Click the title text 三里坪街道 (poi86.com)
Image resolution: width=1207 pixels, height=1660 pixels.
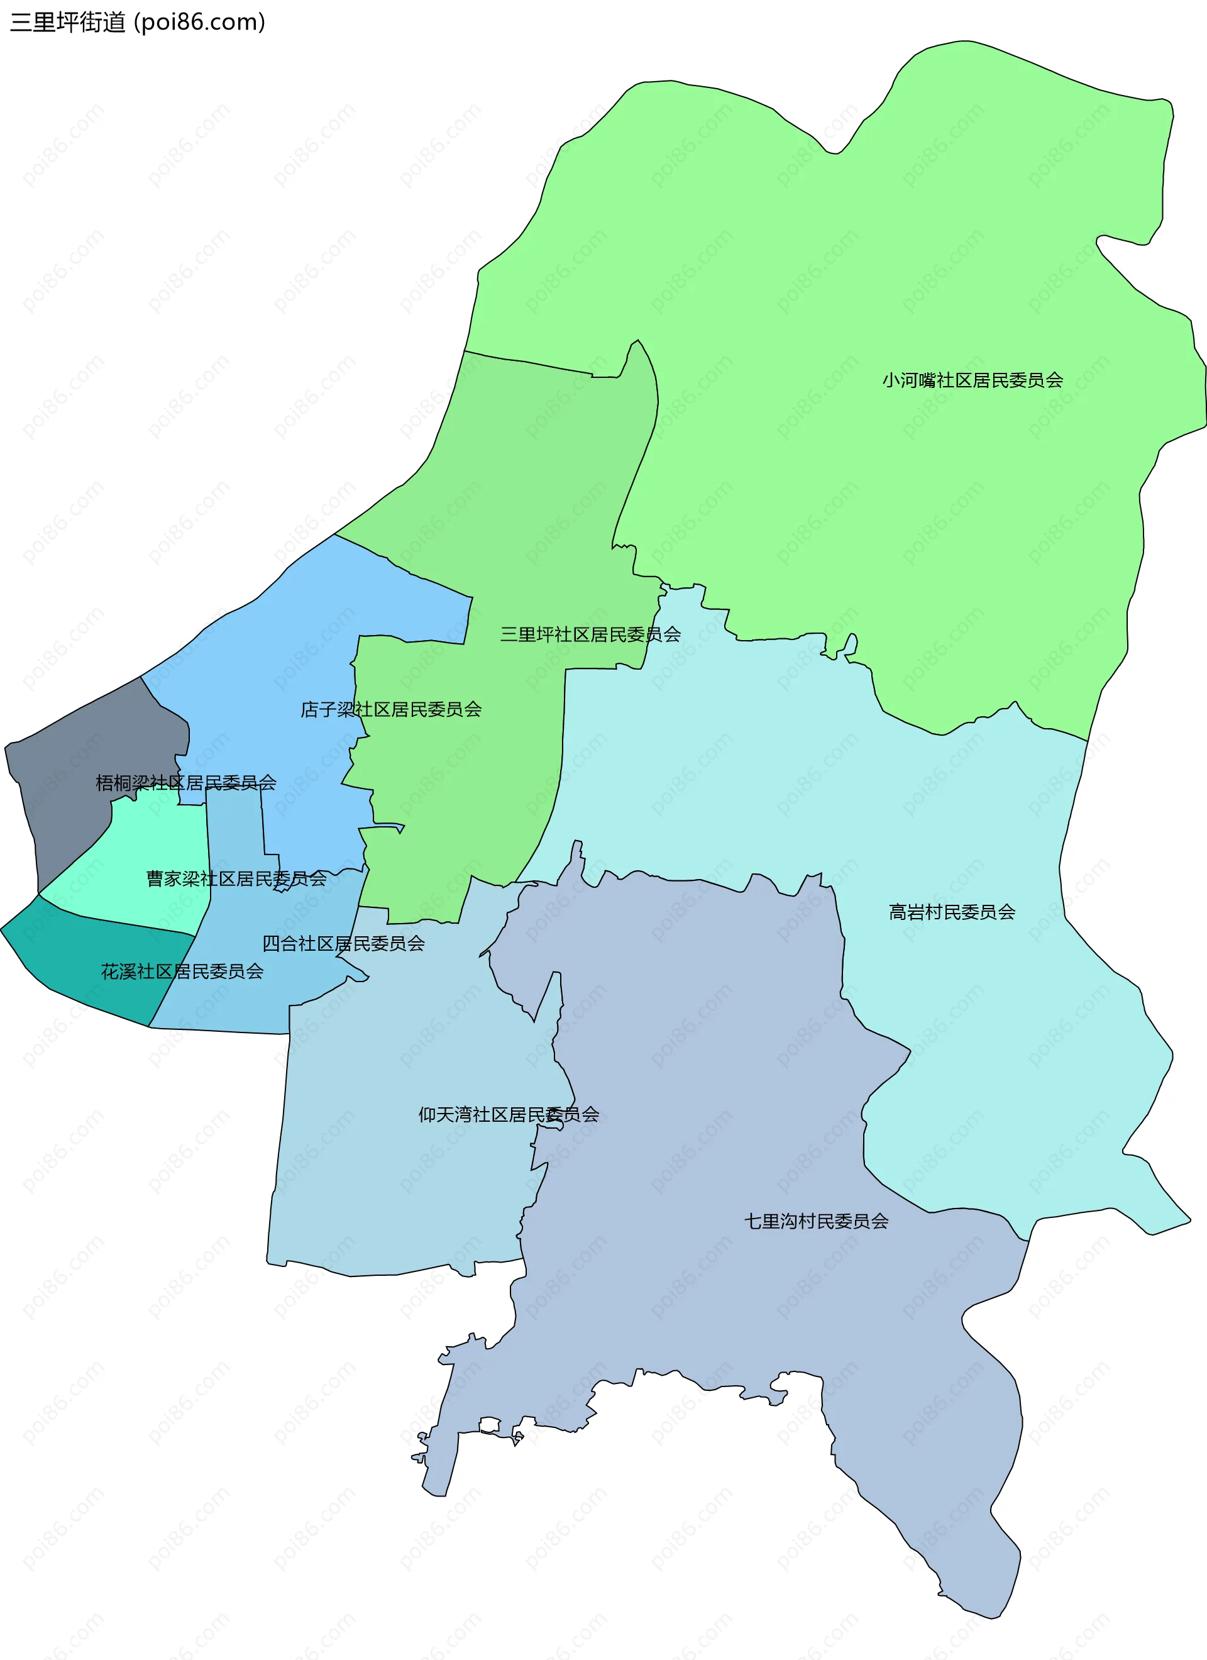coord(138,22)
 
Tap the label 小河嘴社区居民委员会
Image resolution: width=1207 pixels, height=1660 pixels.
coord(972,380)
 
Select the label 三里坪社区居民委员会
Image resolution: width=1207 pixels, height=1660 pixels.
coord(590,634)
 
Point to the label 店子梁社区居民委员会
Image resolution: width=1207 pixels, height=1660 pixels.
coord(391,709)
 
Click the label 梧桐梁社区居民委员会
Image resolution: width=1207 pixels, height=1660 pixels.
coord(186,783)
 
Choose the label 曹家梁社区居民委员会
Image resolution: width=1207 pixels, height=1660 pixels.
coord(236,878)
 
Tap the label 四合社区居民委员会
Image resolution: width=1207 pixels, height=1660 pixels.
coord(343,943)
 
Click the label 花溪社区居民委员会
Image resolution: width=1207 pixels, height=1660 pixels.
coord(182,971)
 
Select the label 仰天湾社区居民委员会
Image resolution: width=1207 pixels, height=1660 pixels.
coord(509,1115)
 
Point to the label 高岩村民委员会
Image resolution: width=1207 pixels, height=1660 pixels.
coord(952,912)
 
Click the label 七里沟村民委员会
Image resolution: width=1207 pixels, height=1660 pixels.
coord(816,1221)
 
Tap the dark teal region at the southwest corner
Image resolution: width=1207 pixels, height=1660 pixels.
coord(88,966)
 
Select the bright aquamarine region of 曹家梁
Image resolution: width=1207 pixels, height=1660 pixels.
coord(146,849)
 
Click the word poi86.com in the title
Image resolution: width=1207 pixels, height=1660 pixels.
coord(199,22)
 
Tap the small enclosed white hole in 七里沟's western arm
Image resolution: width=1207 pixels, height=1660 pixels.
coord(489,1424)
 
